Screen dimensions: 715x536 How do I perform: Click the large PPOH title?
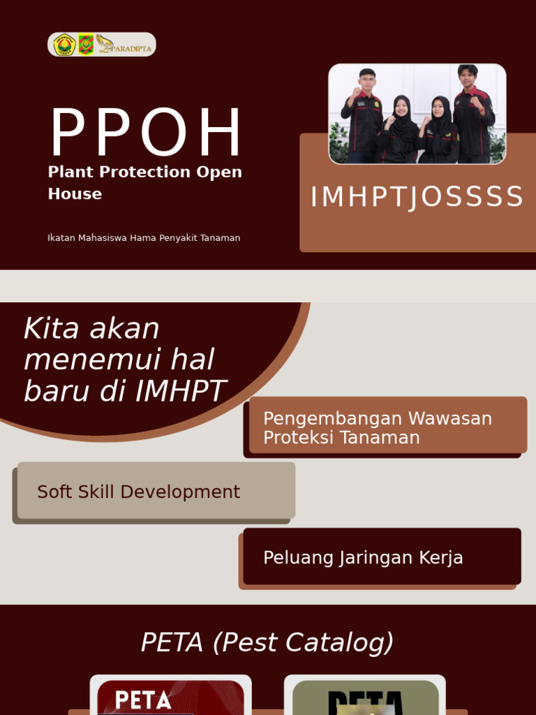pyautogui.click(x=146, y=134)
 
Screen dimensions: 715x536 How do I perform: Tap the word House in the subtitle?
pyautogui.click(x=75, y=194)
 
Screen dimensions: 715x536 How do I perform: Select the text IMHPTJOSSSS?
pyautogui.click(x=417, y=197)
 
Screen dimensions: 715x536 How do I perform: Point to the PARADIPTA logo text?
pyautogui.click(x=133, y=48)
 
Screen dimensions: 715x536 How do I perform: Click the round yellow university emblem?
pyautogui.click(x=64, y=45)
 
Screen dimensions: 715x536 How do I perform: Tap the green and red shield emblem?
pyautogui.click(x=86, y=45)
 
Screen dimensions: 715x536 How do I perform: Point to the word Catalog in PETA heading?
pyautogui.click(x=345, y=642)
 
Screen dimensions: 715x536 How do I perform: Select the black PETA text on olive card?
pyautogui.click(x=365, y=702)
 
